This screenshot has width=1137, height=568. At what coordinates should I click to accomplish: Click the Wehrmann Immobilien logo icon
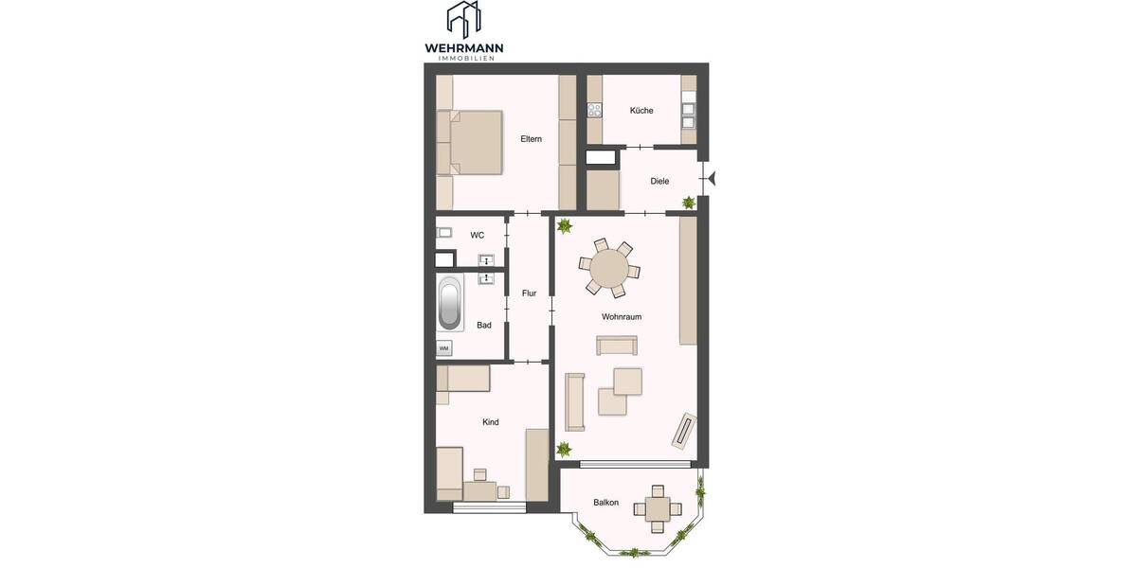(464, 20)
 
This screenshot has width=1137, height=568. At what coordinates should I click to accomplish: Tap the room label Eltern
(531, 139)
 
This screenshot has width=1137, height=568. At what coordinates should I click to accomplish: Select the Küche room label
(641, 111)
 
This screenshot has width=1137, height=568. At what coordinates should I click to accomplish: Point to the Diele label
(660, 181)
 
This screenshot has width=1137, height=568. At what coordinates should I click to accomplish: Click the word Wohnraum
(622, 316)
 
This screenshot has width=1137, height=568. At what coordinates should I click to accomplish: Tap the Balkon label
(606, 503)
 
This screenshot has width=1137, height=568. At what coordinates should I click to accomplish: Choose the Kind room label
(491, 422)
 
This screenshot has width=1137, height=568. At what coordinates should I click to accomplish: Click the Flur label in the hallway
(530, 293)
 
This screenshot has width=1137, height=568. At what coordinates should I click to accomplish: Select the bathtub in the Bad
(450, 304)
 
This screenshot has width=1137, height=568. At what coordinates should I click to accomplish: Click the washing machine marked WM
(443, 349)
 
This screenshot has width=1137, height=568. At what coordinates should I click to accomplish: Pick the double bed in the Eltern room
(470, 143)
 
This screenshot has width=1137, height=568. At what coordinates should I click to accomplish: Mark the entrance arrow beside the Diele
(712, 177)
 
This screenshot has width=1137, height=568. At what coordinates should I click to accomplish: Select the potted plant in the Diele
(689, 203)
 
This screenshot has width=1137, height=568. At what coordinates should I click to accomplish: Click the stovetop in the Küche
(595, 109)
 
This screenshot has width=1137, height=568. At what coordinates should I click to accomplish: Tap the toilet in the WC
(443, 233)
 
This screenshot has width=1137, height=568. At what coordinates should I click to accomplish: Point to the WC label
(478, 235)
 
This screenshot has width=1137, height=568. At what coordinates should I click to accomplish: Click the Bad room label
(484, 325)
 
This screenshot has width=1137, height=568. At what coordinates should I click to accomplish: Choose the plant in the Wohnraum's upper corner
(565, 226)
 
